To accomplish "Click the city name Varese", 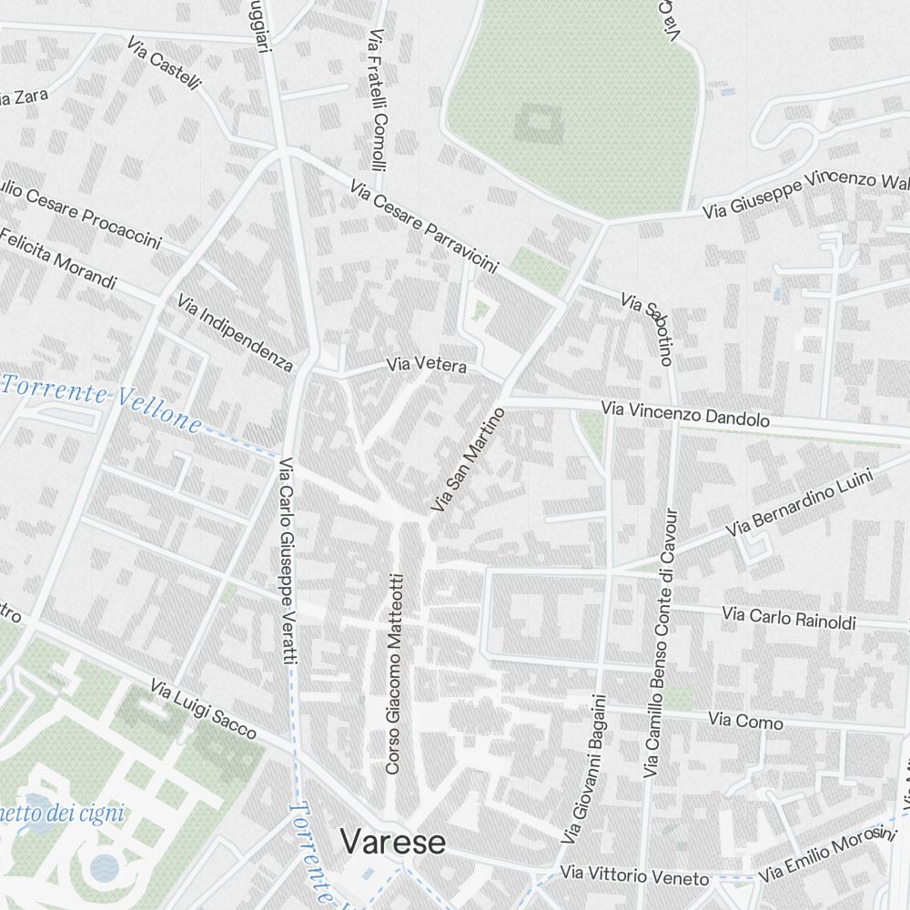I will pyautogui.click(x=393, y=843).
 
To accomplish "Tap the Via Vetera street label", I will pyautogui.click(x=426, y=366).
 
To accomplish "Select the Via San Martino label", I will pyautogui.click(x=468, y=460).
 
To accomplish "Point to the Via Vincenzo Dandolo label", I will pyautogui.click(x=685, y=416).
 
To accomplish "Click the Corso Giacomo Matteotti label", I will pyautogui.click(x=393, y=673).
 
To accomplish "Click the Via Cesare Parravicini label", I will pyautogui.click(x=424, y=227).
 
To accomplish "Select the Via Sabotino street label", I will pyautogui.click(x=647, y=329).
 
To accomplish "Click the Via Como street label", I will pyautogui.click(x=745, y=722).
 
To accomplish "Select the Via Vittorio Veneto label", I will pyautogui.click(x=633, y=876).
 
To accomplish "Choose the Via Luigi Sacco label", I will pyautogui.click(x=203, y=709).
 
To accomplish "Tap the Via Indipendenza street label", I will pyautogui.click(x=236, y=333).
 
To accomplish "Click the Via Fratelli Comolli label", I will pyautogui.click(x=378, y=100).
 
